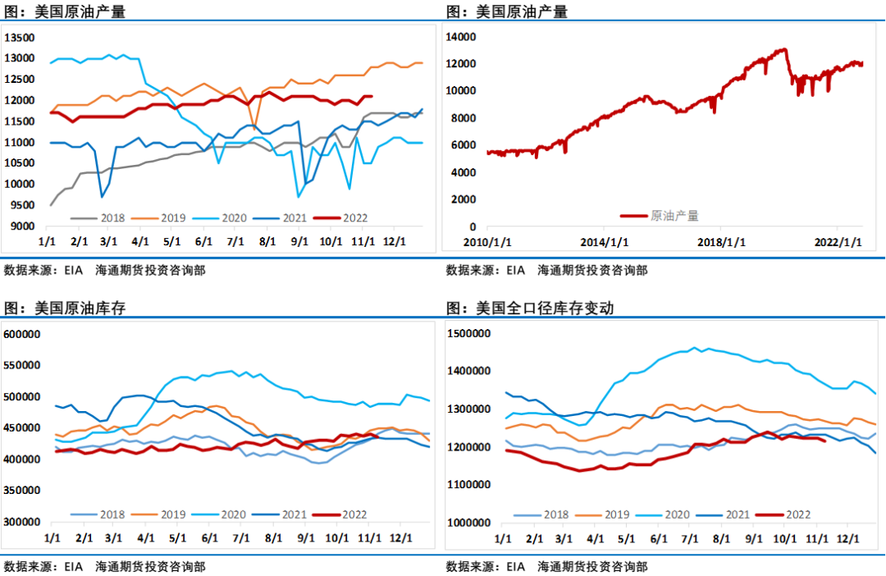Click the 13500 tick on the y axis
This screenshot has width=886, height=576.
click(19, 38)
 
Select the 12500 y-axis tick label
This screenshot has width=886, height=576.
click(19, 80)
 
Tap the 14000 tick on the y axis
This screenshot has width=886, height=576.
click(462, 37)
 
